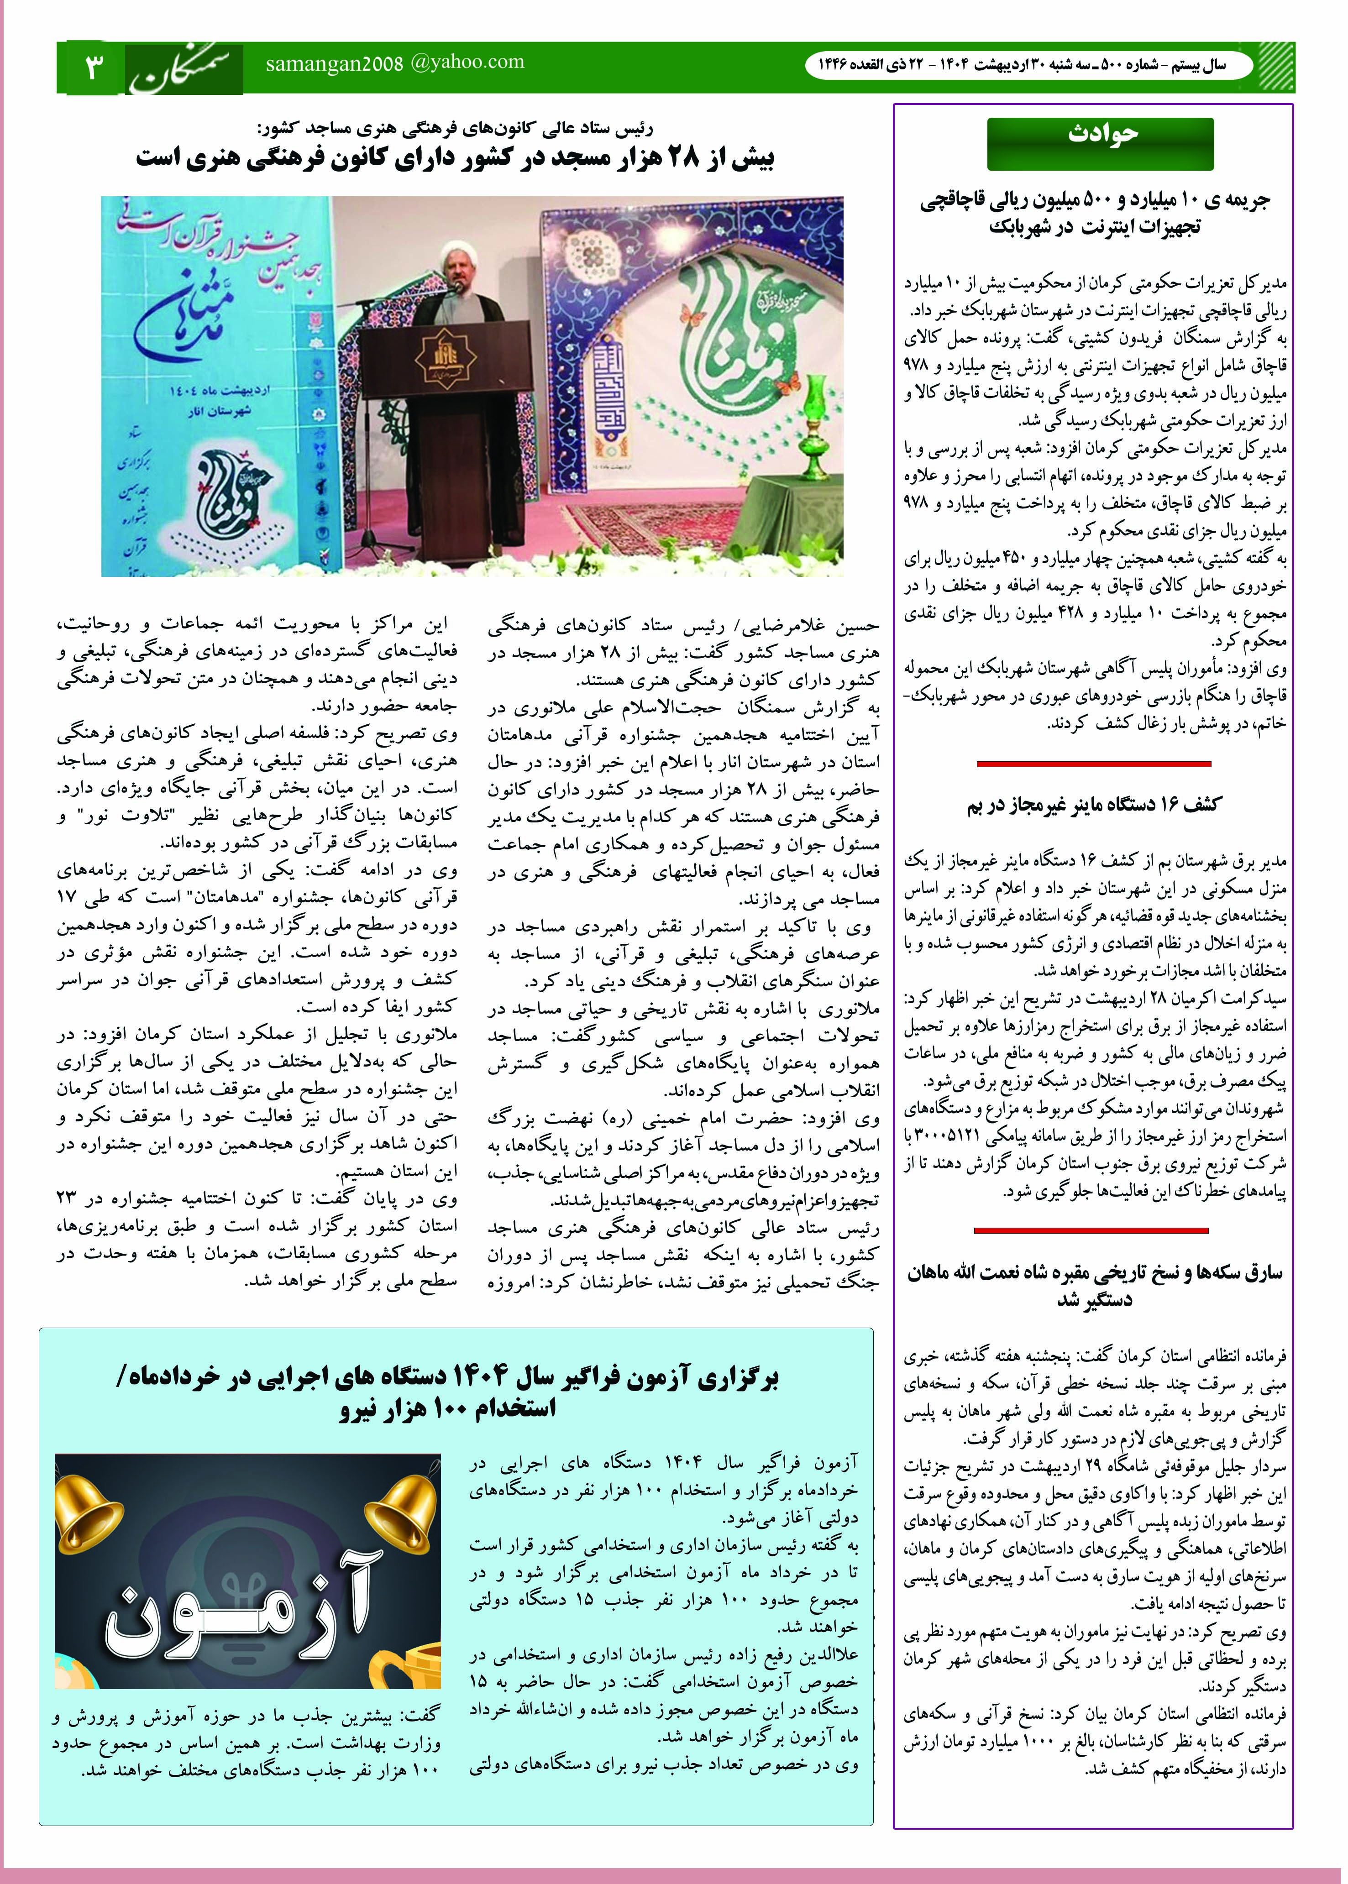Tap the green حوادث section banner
[x=1100, y=143]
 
